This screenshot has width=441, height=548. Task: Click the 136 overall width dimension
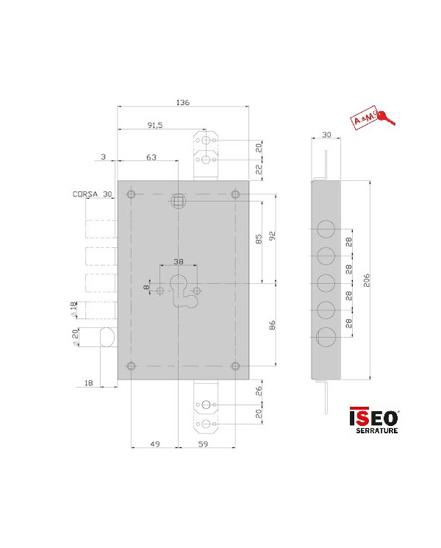click(184, 102)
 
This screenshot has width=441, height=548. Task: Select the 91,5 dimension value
click(155, 127)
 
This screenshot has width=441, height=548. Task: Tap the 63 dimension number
click(151, 157)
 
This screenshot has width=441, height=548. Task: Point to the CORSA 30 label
click(92, 194)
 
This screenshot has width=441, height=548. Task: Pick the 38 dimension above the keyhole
click(178, 261)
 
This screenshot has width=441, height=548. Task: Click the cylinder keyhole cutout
click(179, 288)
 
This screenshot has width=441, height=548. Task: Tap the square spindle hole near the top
click(178, 201)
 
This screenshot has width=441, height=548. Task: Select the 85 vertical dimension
click(259, 239)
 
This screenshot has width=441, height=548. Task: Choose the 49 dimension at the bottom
click(154, 444)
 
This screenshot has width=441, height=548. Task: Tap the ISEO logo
click(373, 416)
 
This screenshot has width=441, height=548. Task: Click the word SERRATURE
click(376, 430)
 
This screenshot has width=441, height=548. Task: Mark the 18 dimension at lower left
click(88, 382)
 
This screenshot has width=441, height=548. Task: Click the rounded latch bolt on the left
click(107, 338)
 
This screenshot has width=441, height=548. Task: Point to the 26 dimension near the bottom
click(259, 391)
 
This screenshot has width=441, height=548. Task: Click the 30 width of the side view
click(327, 135)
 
